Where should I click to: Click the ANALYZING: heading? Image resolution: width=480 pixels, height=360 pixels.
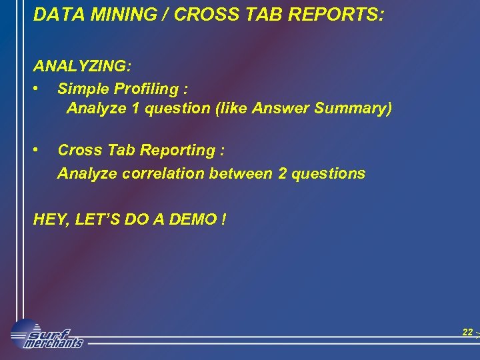(83, 67)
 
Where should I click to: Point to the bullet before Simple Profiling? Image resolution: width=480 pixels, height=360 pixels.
(41, 88)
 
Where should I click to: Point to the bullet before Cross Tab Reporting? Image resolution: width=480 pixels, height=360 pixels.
(41, 151)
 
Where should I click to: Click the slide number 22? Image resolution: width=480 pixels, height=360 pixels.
(467, 332)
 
